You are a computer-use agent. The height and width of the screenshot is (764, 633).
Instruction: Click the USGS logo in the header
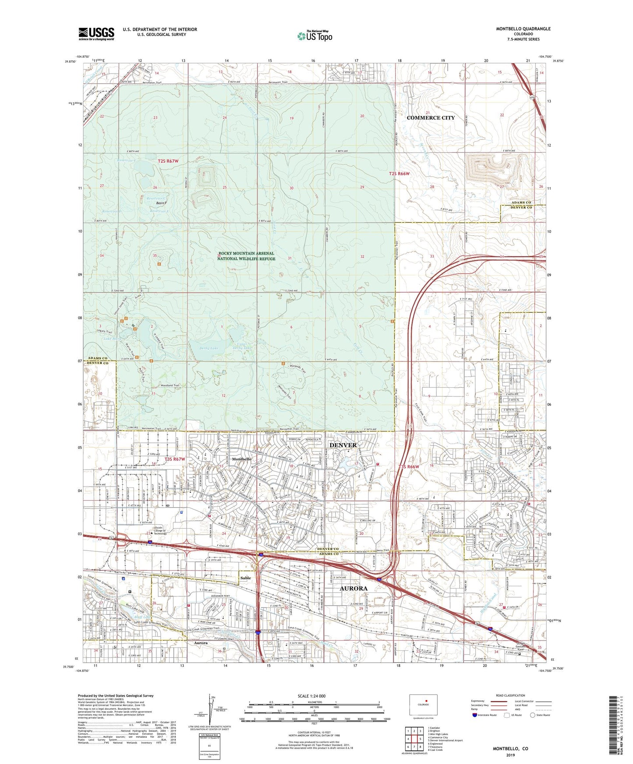(x=96, y=33)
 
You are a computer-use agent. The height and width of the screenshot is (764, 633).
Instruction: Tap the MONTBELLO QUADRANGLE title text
(x=517, y=29)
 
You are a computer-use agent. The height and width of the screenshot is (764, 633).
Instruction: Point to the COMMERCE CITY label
(x=431, y=118)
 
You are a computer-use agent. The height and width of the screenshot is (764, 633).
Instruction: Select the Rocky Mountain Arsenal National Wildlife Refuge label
(x=246, y=256)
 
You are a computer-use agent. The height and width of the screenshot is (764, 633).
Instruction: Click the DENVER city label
(x=343, y=445)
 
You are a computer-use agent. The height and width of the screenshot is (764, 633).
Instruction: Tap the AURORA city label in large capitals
(x=354, y=589)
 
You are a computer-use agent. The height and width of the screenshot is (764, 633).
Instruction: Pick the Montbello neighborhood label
(x=241, y=459)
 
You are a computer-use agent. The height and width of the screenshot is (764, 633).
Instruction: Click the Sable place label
(x=246, y=578)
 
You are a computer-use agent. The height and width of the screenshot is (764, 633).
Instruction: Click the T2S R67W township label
(x=168, y=161)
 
